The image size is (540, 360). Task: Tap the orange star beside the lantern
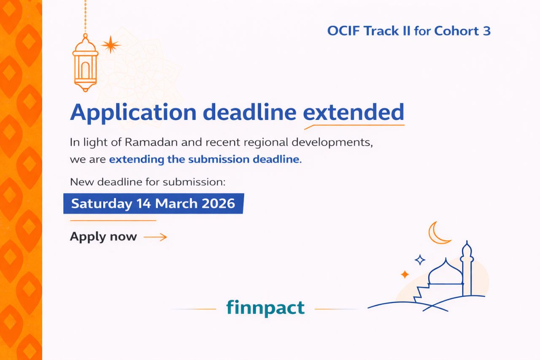point(111,45)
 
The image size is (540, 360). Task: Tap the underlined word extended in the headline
point(354,112)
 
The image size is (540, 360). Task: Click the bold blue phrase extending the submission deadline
point(205,160)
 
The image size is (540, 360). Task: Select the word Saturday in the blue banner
point(101,203)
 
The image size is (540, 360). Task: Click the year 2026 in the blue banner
point(218,203)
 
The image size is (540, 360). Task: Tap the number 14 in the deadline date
point(144,203)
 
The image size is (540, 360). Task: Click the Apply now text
point(103,236)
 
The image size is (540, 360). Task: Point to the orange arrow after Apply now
point(155,237)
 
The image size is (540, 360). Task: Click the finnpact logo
point(265,307)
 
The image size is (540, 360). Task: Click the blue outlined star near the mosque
point(420,260)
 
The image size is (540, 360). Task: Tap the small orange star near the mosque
point(405,274)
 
